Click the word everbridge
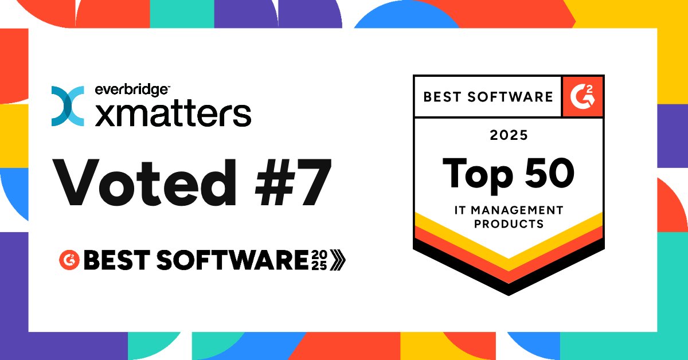point(131,90)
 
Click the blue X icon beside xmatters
point(68,106)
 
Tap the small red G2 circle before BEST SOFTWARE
point(69,260)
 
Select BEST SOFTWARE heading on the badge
point(488,96)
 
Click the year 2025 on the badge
point(508,136)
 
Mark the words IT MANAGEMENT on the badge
point(509,210)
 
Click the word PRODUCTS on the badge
point(509,224)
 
